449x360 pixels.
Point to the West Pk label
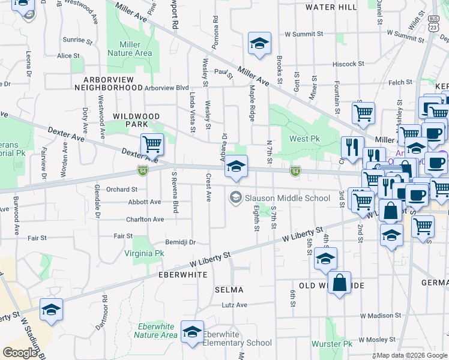pos(304,139)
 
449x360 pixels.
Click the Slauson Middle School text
pos(279,197)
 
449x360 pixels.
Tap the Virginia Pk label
pos(144,253)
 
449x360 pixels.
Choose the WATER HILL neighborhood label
pos(331,7)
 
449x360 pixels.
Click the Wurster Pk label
pos(332,344)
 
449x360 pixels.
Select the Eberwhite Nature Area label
pos(155,331)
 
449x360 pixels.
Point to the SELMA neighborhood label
pos(229,290)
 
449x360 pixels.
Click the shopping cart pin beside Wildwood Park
pos(152,144)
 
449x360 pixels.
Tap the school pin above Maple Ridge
pos(259,43)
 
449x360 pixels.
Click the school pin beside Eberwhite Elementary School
pos(193,332)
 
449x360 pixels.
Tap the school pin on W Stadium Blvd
pos(51,310)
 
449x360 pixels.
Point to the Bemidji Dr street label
pos(181,242)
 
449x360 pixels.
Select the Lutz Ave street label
pos(234,305)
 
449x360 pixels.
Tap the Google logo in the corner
pos(20,353)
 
